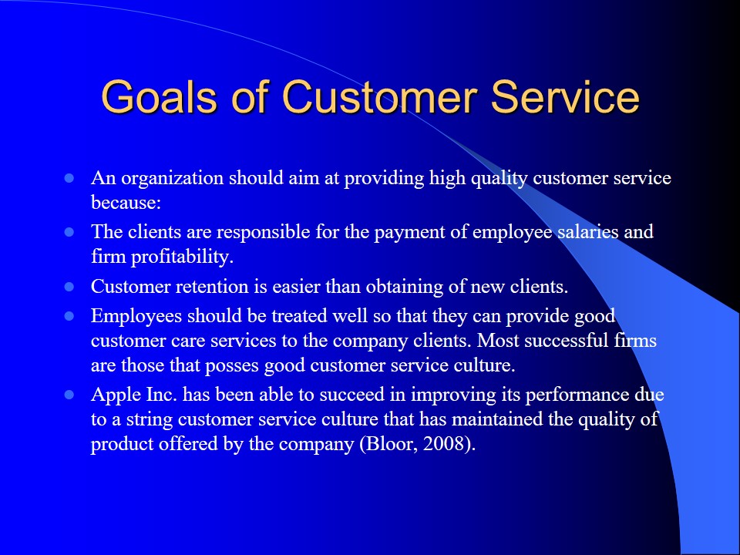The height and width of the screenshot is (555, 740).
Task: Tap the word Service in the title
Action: pyautogui.click(x=565, y=97)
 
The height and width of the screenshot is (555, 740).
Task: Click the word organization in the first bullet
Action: pyautogui.click(x=172, y=179)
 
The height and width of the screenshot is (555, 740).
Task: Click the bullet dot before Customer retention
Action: pyautogui.click(x=69, y=287)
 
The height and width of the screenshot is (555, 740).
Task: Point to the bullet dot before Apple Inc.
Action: pyautogui.click(x=69, y=395)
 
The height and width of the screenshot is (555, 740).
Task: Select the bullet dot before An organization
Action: pyautogui.click(x=69, y=178)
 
